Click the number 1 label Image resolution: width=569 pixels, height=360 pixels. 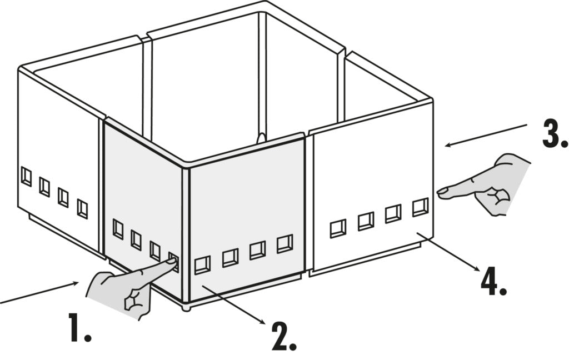[79, 327]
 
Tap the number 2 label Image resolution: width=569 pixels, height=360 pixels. [283, 335]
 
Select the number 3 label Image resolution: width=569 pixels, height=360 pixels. [554, 134]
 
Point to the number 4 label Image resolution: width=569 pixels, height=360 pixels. [493, 282]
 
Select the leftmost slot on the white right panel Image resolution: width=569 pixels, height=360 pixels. [337, 228]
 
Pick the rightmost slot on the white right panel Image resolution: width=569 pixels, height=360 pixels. [420, 207]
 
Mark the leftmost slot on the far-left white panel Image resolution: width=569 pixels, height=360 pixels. [26, 177]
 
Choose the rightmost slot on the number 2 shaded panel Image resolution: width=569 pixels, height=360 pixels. [284, 243]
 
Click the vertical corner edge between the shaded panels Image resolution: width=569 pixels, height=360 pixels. [186, 233]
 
